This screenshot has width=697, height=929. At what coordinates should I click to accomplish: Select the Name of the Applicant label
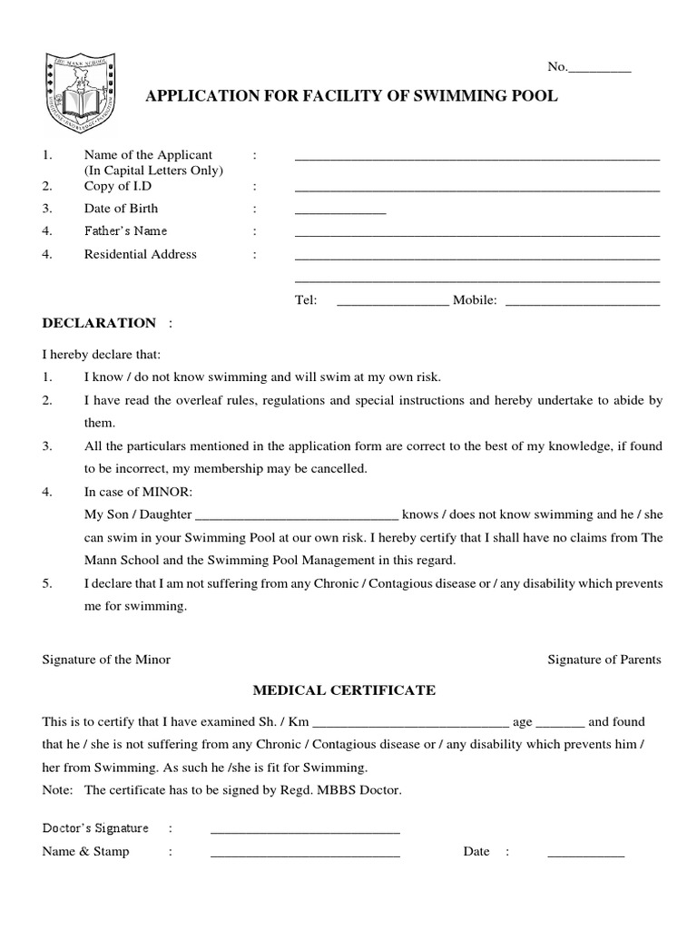[x=148, y=155]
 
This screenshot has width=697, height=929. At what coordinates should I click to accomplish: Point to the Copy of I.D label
[x=118, y=186]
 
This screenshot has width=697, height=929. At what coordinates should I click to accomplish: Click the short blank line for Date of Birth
[x=340, y=210]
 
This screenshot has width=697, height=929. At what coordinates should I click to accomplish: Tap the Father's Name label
[x=125, y=231]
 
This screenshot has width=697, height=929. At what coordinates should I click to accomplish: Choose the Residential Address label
[x=140, y=254]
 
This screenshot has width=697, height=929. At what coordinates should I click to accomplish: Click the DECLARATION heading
[x=99, y=323]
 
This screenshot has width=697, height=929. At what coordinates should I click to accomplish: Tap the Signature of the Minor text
[x=106, y=660]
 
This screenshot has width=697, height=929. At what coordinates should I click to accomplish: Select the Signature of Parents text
[x=604, y=660]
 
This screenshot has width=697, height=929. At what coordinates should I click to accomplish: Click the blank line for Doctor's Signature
[x=305, y=830]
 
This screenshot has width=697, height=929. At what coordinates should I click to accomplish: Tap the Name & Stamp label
[x=85, y=852]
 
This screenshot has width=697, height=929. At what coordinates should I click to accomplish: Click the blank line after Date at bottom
[x=585, y=854]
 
